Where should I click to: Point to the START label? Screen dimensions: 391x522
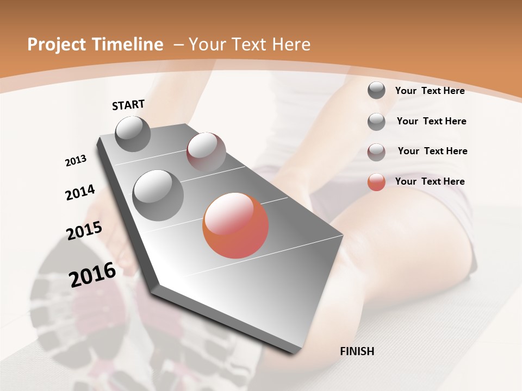click(128, 105)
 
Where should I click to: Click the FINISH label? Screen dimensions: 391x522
click(357, 351)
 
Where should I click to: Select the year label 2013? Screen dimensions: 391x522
click(76, 161)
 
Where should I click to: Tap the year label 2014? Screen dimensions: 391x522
click(80, 192)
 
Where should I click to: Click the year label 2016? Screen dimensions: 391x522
click(92, 275)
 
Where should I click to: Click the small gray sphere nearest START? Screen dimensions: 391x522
click(133, 134)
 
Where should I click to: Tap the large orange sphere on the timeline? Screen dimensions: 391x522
click(235, 225)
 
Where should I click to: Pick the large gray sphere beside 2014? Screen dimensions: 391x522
click(158, 195)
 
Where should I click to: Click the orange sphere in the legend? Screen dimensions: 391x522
click(376, 182)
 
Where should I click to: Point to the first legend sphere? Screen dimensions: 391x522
click(376, 91)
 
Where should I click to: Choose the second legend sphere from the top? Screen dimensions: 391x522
click(376, 122)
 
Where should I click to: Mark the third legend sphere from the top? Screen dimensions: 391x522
click(376, 152)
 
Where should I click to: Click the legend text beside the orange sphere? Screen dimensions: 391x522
click(430, 181)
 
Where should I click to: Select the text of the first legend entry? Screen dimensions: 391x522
click(430, 91)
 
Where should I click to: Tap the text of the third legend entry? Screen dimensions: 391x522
click(432, 151)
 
